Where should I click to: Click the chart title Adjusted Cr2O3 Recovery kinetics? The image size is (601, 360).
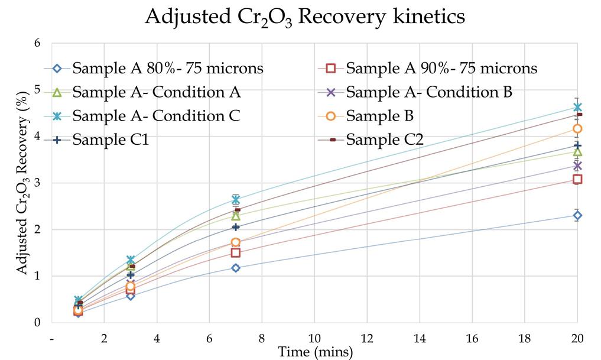(x=305, y=17)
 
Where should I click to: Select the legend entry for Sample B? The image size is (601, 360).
(x=380, y=116)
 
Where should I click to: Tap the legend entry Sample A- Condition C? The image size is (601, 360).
(x=156, y=116)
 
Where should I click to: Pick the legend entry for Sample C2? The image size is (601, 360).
(x=384, y=140)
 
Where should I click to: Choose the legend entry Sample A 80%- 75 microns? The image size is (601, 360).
(x=168, y=68)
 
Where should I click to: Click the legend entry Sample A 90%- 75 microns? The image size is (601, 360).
(x=441, y=68)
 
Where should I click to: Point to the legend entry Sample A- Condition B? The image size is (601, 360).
(x=428, y=92)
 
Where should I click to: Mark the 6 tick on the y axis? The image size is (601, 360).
(x=38, y=43)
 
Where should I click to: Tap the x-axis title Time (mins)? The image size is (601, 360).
(x=316, y=352)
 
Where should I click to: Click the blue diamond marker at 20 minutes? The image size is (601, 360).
(x=577, y=216)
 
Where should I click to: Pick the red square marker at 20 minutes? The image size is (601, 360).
(x=577, y=179)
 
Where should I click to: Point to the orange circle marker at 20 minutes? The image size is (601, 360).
(x=577, y=129)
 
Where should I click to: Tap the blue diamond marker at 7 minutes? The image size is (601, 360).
(x=236, y=268)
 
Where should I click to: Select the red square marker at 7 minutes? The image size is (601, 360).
(x=236, y=253)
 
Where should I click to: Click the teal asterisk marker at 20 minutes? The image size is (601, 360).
(x=577, y=107)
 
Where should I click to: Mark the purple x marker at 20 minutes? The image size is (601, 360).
(x=577, y=166)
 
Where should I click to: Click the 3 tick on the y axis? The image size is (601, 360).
(x=38, y=183)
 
